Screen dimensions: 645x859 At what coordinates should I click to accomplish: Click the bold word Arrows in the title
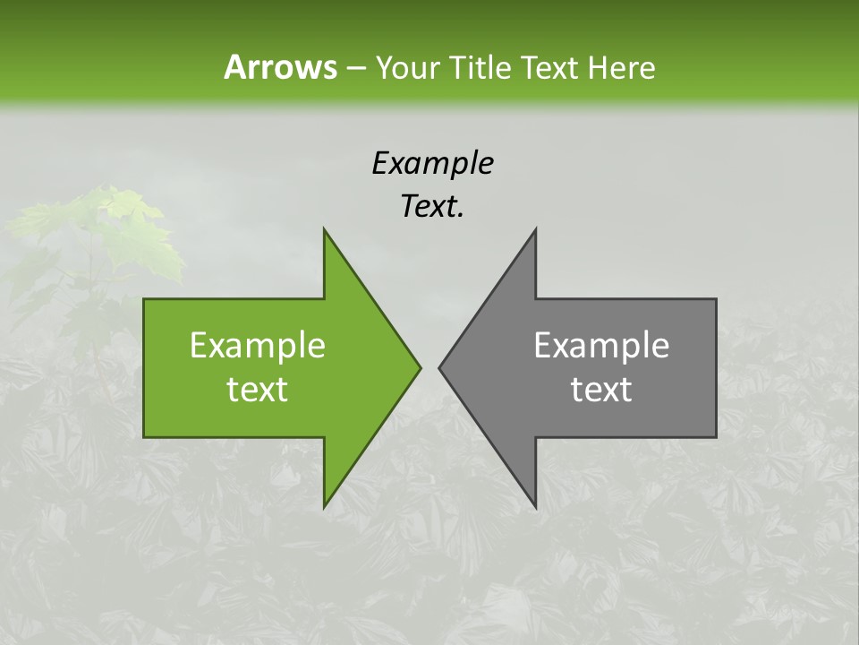280,67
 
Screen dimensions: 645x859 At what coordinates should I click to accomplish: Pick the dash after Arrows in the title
354,68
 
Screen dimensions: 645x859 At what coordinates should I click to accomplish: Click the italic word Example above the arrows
432,163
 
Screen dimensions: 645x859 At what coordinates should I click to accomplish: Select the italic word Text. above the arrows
432,206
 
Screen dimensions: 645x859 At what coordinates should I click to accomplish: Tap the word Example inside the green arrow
257,345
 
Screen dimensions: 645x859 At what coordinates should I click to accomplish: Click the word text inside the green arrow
257,389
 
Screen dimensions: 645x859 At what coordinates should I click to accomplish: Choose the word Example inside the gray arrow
601,345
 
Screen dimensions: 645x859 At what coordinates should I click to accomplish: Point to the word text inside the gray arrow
601,389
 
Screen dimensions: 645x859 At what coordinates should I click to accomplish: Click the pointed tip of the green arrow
420,367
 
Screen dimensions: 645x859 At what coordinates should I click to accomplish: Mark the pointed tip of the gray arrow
439,367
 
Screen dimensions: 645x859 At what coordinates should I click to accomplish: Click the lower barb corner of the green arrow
325,506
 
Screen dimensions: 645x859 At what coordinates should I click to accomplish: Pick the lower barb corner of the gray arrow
535,506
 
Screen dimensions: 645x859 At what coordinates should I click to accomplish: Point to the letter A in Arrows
234,67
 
